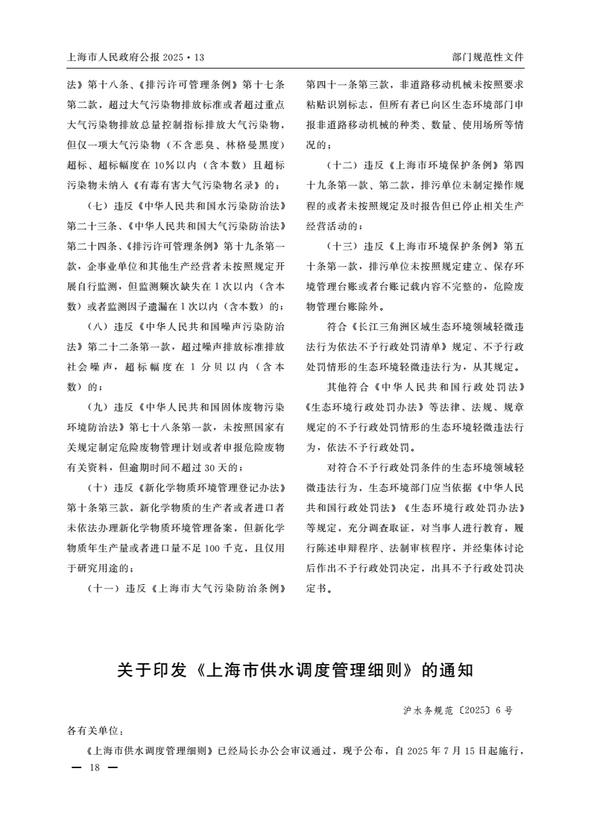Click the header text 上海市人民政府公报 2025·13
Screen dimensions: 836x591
point(135,57)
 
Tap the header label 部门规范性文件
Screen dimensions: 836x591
point(488,57)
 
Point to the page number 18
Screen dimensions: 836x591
point(93,767)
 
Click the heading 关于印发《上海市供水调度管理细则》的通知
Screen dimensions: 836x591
point(295,670)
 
